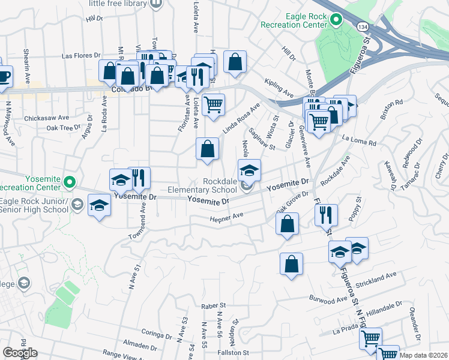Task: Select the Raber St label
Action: pyautogui.click(x=212, y=305)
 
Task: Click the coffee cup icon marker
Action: pyautogui.click(x=4, y=76)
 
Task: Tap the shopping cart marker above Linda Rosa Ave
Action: pyautogui.click(x=212, y=105)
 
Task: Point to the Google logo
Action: pyautogui.click(x=20, y=353)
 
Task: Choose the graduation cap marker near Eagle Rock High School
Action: pyautogui.click(x=99, y=205)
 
